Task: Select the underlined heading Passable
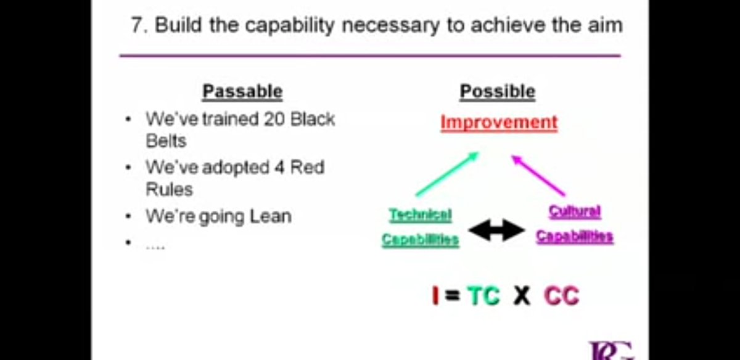(x=242, y=92)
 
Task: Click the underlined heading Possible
(x=498, y=92)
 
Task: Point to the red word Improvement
(x=499, y=122)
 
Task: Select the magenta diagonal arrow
(x=538, y=175)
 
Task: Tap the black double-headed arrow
(x=497, y=231)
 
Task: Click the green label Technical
(x=420, y=215)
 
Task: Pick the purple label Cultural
(x=575, y=211)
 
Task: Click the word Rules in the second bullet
(x=169, y=189)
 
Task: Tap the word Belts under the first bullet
(x=166, y=141)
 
